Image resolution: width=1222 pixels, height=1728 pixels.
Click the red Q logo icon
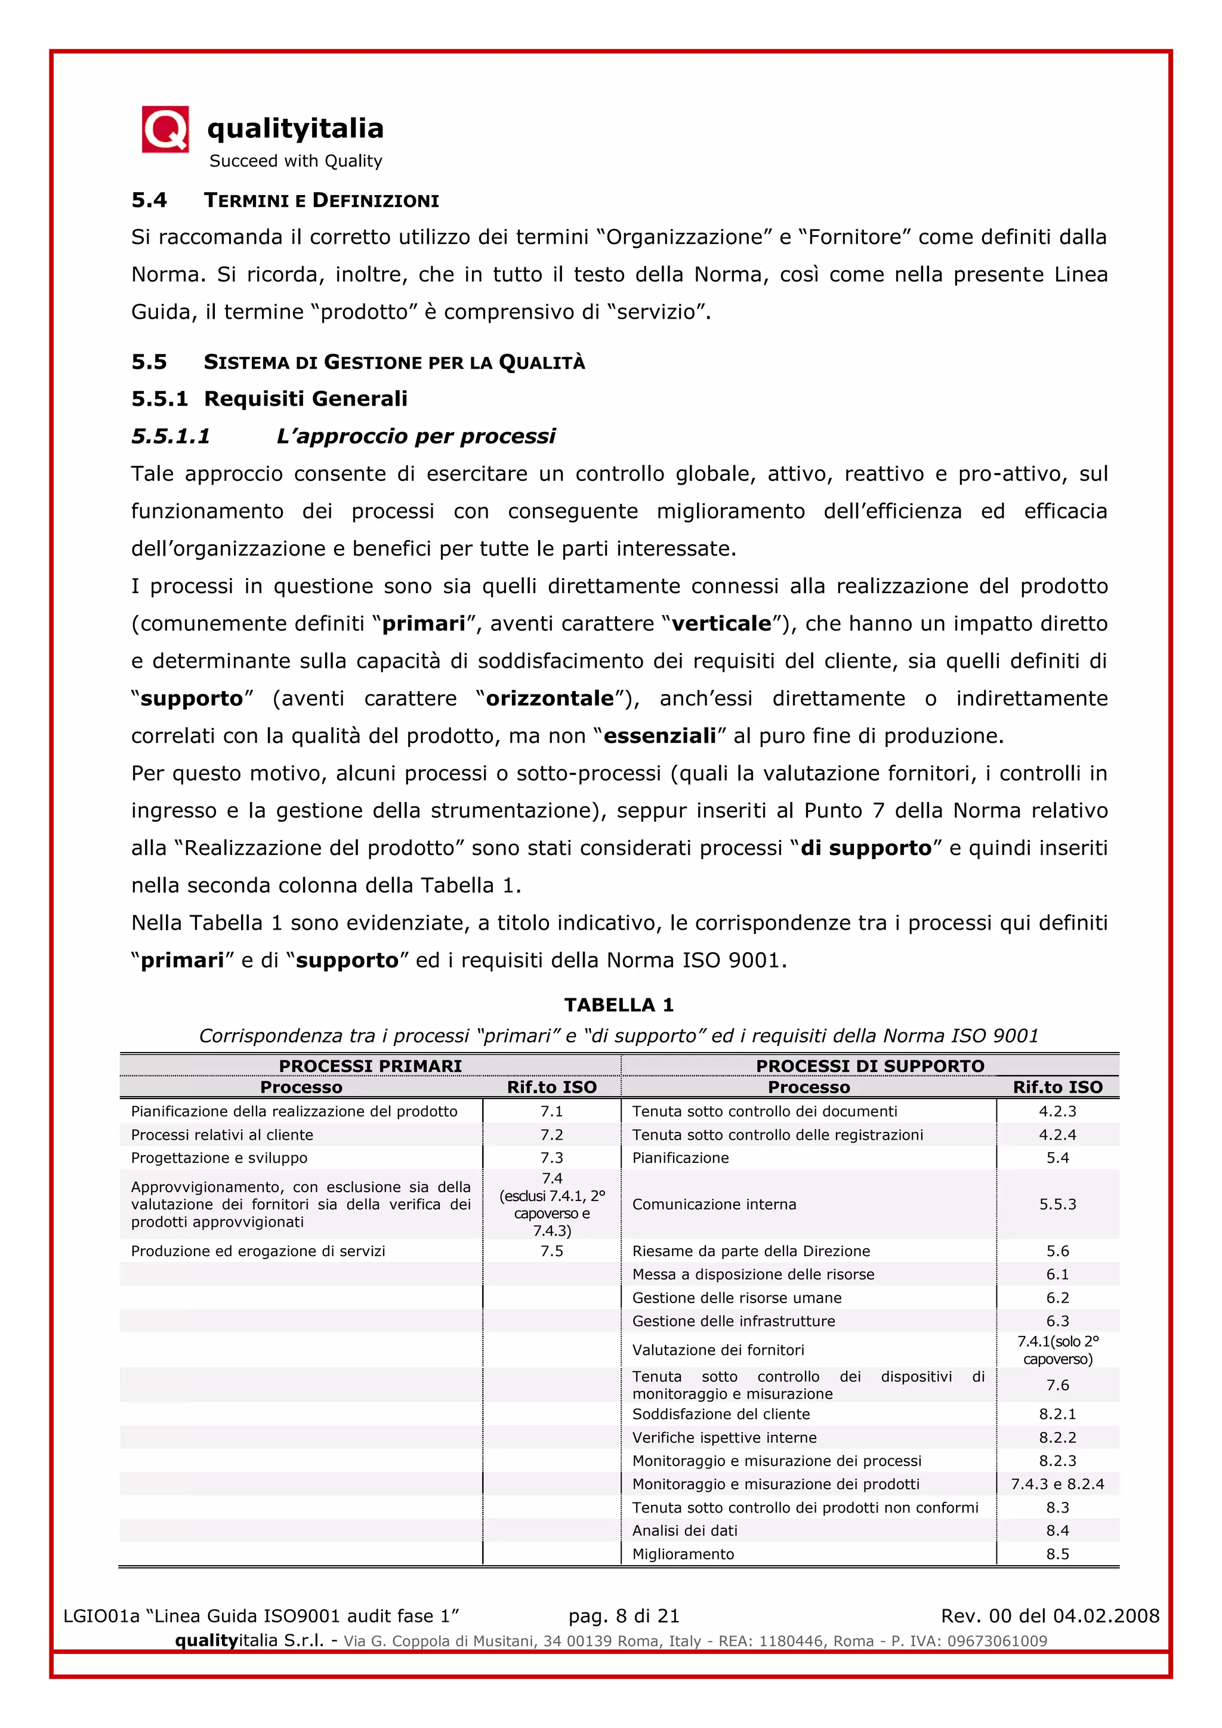[165, 129]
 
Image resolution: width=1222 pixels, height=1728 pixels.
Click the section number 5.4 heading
[149, 200]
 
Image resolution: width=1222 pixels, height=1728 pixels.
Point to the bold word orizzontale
[550, 699]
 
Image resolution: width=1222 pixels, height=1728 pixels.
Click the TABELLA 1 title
[619, 1005]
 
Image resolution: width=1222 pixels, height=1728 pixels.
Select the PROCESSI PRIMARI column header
[370, 1066]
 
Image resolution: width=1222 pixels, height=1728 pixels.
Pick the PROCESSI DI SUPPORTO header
[870, 1066]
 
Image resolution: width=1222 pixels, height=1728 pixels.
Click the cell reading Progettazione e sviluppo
[219, 1158]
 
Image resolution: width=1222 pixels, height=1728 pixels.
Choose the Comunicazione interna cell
[714, 1204]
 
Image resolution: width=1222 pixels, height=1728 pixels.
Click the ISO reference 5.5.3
[1057, 1204]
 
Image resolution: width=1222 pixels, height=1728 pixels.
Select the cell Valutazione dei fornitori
[718, 1350]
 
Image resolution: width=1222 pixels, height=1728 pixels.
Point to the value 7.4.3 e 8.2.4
[1057, 1484]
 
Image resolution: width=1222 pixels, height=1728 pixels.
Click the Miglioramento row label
[683, 1554]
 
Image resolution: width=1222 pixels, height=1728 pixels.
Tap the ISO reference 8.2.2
[1057, 1437]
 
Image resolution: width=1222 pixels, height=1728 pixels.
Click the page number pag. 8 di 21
[624, 1616]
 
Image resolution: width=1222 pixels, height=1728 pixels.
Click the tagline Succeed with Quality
[296, 161]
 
